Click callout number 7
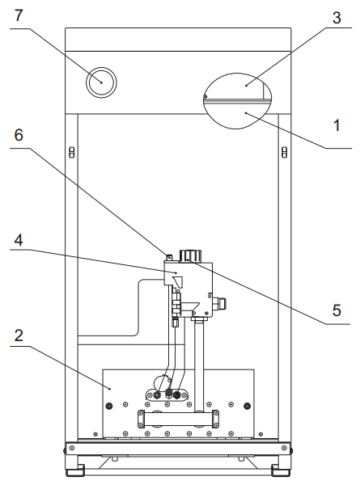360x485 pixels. (x=19, y=15)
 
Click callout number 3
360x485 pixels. (x=337, y=18)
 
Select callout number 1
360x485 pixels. (x=337, y=125)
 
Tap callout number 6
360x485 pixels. (x=19, y=135)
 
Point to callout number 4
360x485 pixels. (x=19, y=240)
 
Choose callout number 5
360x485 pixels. (x=337, y=310)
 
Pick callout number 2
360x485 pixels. (x=19, y=335)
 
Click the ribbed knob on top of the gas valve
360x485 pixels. (x=190, y=256)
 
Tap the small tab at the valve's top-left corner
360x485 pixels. (x=169, y=257)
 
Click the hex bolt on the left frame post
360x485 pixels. (x=71, y=152)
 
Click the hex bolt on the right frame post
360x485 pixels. (x=284, y=152)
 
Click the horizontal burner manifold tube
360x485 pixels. (x=178, y=419)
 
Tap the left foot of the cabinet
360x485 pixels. (x=74, y=470)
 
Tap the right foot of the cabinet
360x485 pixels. (x=281, y=470)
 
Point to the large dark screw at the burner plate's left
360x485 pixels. (x=109, y=406)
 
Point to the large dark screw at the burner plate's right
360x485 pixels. (x=247, y=406)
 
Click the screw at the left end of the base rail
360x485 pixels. (x=72, y=448)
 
